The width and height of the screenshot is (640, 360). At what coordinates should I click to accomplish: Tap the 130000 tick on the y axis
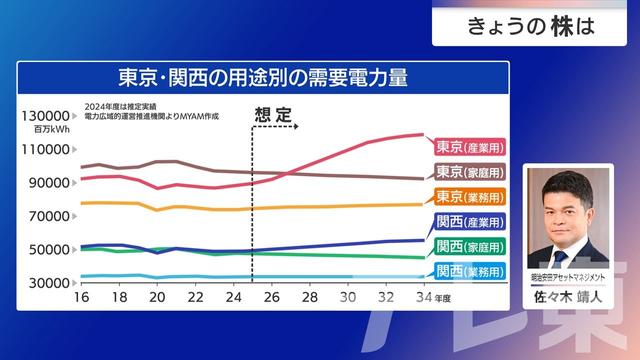(x=45, y=116)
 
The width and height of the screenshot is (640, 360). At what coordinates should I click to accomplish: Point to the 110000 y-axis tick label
(x=45, y=150)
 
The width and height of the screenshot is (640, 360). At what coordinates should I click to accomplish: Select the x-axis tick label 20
(x=157, y=297)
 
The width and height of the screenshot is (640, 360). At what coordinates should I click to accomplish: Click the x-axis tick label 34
(x=422, y=297)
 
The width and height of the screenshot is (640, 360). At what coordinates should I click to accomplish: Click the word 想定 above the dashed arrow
(x=273, y=114)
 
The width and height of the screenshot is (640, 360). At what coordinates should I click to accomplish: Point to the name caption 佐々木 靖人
(x=567, y=296)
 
